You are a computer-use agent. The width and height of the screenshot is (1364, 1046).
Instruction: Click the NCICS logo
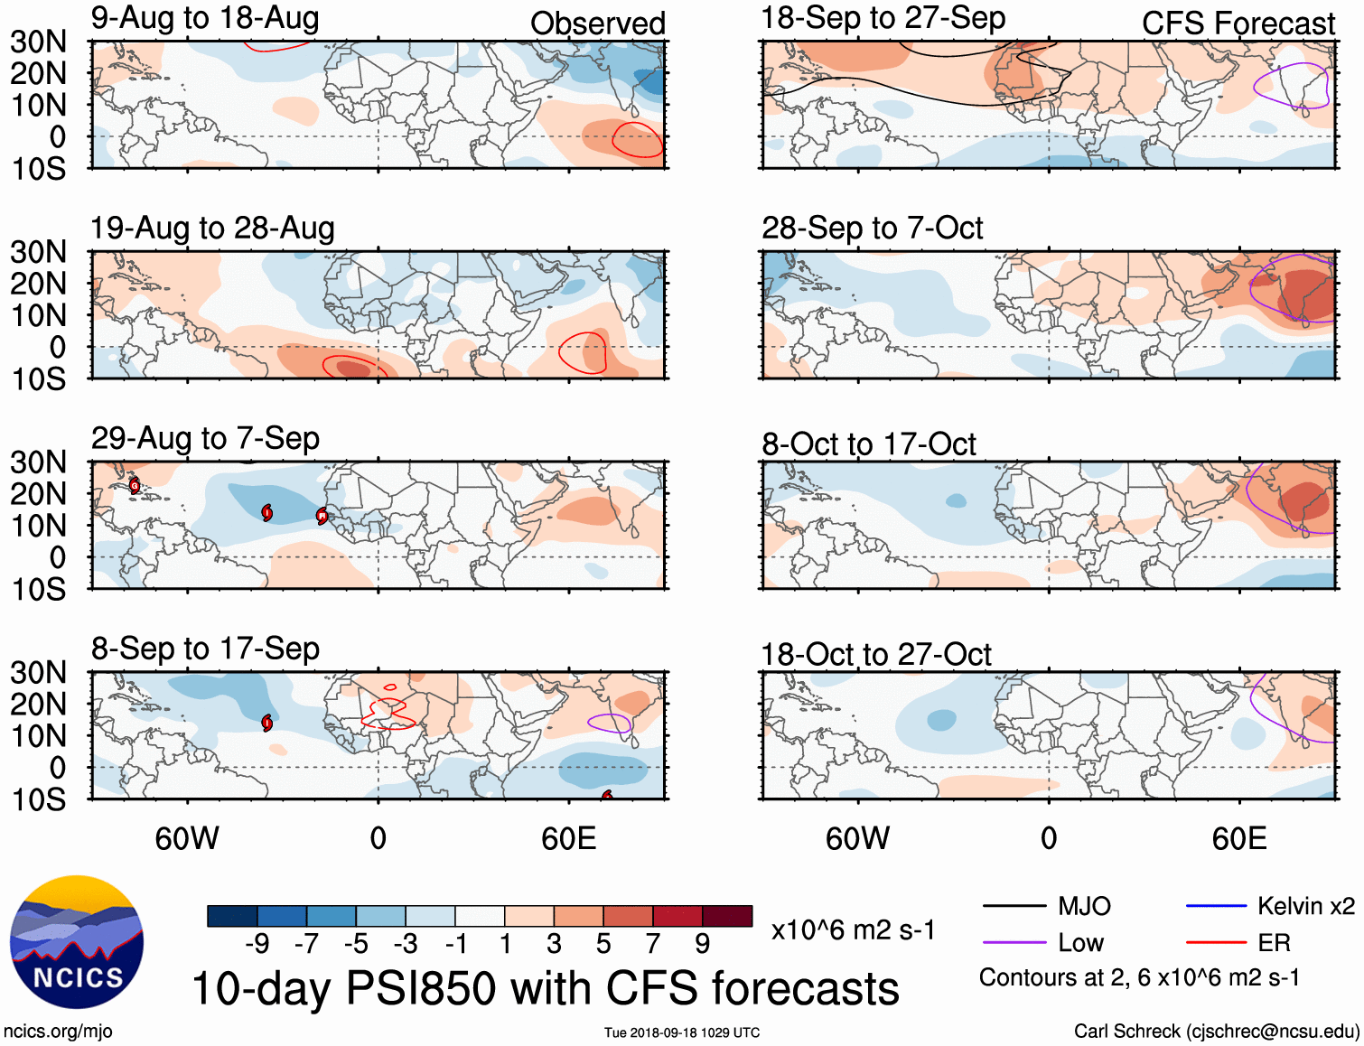click(77, 942)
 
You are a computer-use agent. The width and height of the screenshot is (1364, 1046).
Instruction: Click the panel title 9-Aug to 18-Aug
click(205, 18)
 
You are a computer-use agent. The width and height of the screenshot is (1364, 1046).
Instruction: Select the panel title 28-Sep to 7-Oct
click(872, 229)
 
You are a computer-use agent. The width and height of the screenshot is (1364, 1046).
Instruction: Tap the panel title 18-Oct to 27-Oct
click(875, 654)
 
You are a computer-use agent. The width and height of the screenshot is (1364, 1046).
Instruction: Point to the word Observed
click(597, 23)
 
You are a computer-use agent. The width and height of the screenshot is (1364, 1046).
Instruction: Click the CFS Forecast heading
click(1238, 23)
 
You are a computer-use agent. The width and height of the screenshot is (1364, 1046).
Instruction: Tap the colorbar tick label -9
click(257, 944)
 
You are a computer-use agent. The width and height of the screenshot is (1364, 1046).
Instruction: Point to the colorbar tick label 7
click(653, 944)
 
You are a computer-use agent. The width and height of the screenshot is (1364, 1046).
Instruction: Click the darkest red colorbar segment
click(727, 916)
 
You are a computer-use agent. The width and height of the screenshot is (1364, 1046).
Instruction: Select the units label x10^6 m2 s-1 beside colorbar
click(853, 929)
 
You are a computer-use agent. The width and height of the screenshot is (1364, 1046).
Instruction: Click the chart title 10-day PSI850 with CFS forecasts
click(546, 988)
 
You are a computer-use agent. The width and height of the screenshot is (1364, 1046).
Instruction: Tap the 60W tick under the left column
click(187, 838)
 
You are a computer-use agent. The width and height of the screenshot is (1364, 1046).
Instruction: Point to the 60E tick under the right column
click(1238, 838)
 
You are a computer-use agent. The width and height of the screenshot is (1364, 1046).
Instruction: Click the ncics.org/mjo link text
click(58, 1031)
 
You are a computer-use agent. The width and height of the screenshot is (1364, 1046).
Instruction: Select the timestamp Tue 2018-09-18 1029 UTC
click(682, 1032)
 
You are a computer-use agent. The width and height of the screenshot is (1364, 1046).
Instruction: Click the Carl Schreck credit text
click(1216, 1031)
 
